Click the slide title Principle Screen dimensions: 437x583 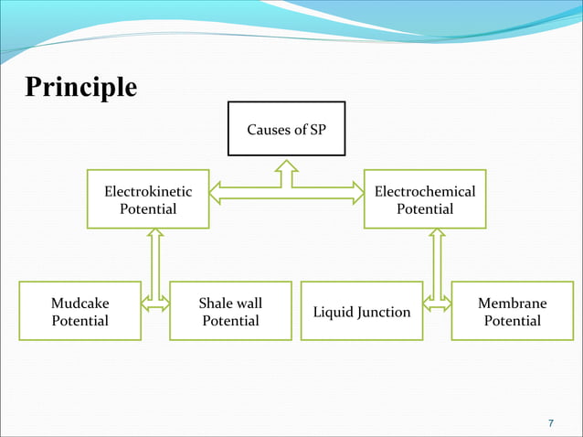pyautogui.click(x=81, y=87)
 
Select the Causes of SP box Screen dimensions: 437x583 pyautogui.click(x=287, y=129)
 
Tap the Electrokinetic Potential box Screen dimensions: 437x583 pyautogui.click(x=148, y=199)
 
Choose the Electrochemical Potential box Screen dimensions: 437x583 pyautogui.click(x=425, y=199)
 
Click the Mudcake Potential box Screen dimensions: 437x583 pyautogui.click(x=79, y=311)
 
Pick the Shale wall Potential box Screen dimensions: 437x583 pyautogui.click(x=230, y=311)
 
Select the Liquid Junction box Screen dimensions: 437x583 pyautogui.click(x=362, y=312)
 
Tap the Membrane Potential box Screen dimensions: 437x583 pyautogui.click(x=512, y=311)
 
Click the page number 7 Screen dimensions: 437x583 pyautogui.click(x=550, y=423)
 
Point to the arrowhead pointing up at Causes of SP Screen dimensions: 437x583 pyautogui.click(x=287, y=167)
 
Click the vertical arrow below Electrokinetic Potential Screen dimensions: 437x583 pyautogui.click(x=154, y=265)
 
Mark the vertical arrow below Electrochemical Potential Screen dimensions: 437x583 pyautogui.click(x=437, y=265)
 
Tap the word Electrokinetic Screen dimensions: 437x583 pyautogui.click(x=148, y=192)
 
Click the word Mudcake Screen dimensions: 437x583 pyautogui.click(x=79, y=303)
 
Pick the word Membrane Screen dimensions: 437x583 pyautogui.click(x=512, y=303)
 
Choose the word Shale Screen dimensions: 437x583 pyautogui.click(x=216, y=303)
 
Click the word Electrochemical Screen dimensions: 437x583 pyautogui.click(x=425, y=192)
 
